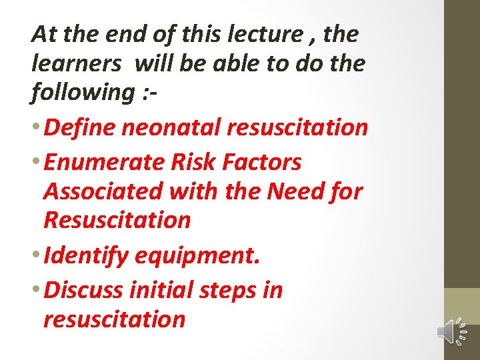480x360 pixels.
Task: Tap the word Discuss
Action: pyautogui.click(x=84, y=290)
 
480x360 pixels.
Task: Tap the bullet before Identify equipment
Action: pyautogui.click(x=36, y=256)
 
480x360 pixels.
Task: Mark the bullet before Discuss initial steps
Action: pyautogui.click(x=36, y=291)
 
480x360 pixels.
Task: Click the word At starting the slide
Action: pyautogui.click(x=44, y=33)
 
